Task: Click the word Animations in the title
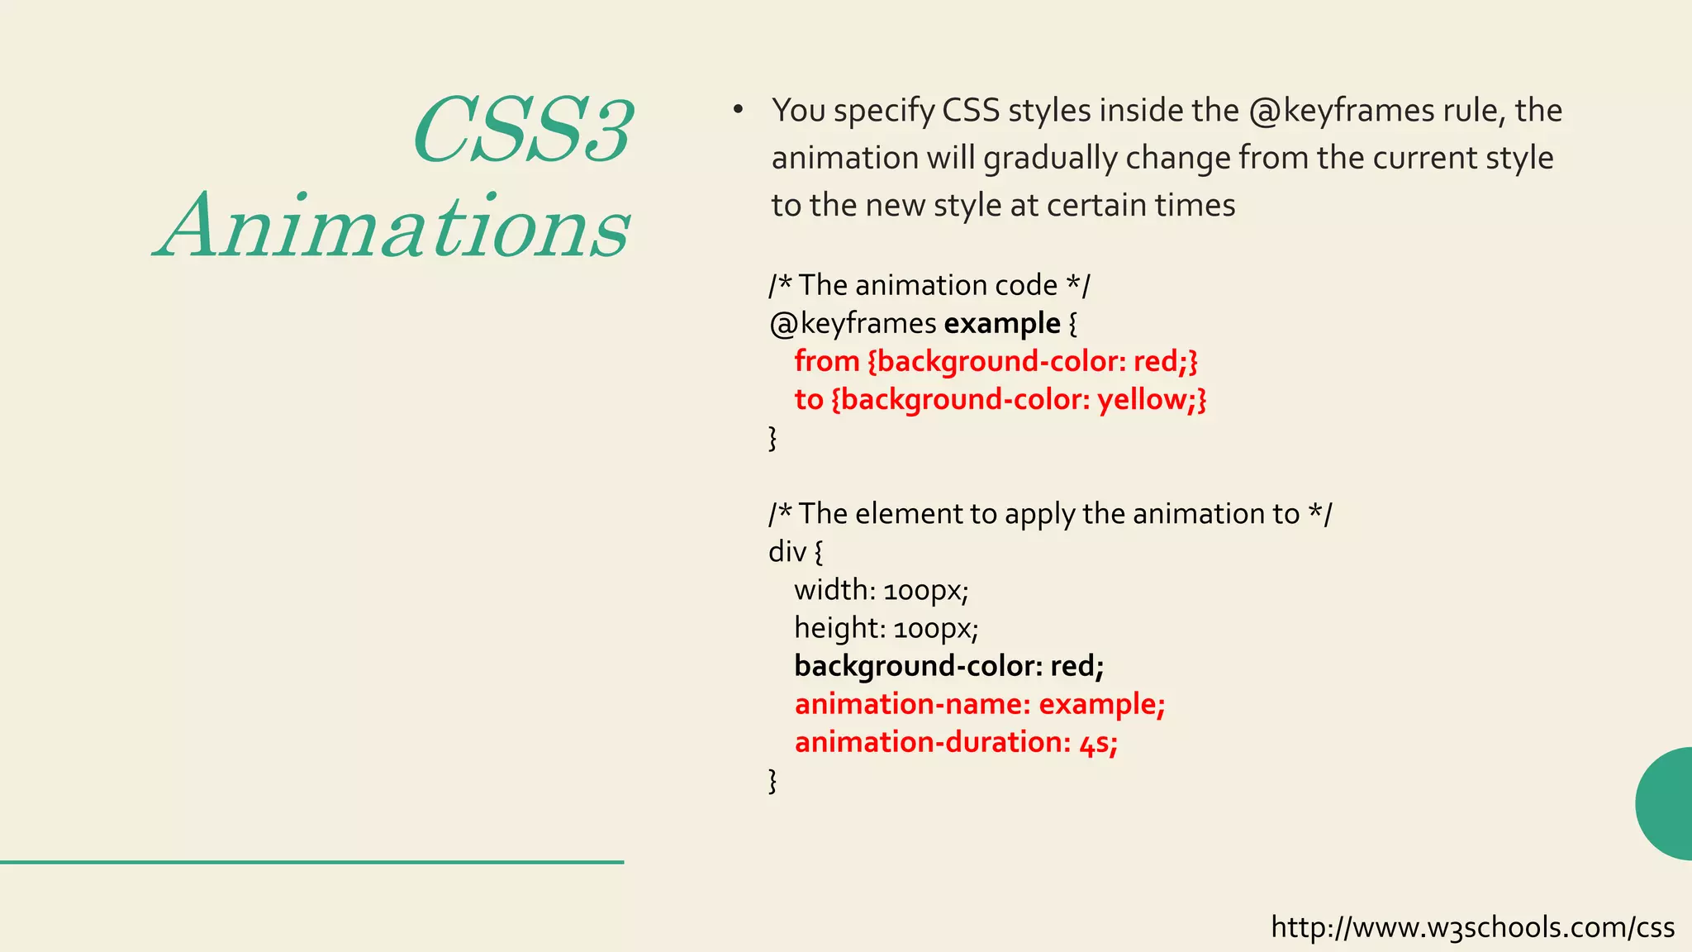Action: point(393,226)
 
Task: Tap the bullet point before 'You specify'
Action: point(738,110)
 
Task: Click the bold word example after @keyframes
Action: point(1001,323)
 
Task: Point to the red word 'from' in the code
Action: point(827,361)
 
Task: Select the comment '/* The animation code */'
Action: point(929,285)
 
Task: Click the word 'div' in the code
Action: point(787,552)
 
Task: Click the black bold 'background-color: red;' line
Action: point(948,666)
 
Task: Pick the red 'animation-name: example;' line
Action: point(979,704)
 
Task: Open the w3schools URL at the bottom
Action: point(1472,927)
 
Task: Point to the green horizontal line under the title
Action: point(311,862)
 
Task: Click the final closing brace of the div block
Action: point(772,780)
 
